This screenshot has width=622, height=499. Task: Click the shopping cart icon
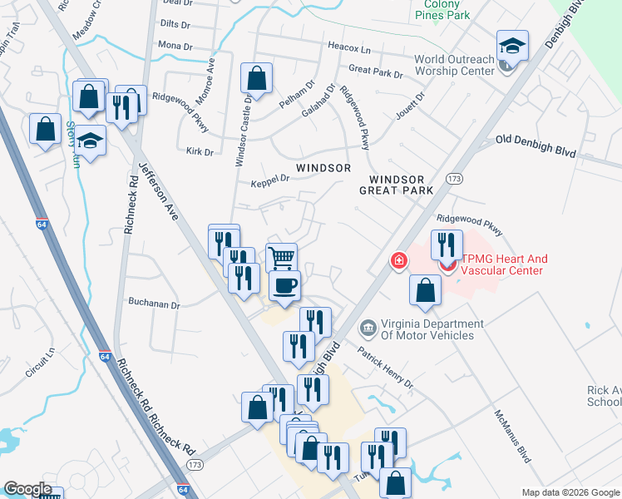282,257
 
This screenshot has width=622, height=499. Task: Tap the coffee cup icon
285,286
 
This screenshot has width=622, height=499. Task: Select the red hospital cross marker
399,262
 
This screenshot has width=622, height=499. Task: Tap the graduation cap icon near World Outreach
512,47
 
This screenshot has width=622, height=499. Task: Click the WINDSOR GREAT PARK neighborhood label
397,185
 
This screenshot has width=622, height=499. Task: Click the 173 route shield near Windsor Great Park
454,179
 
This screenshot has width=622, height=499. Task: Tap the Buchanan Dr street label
153,305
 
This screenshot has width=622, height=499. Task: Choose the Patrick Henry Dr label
386,368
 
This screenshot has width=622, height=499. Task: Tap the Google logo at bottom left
27,489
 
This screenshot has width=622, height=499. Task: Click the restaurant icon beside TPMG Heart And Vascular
446,245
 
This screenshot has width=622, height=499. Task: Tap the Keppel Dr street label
269,180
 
